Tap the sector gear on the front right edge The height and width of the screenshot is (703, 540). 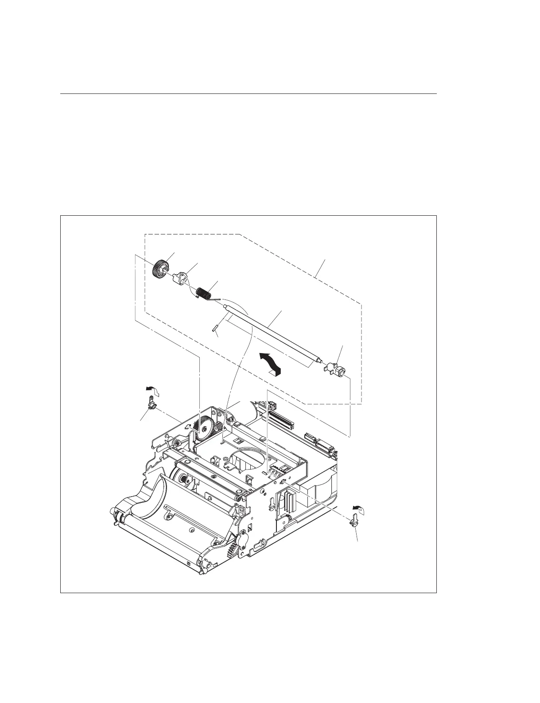click(x=231, y=550)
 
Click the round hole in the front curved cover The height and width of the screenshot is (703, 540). click(x=191, y=530)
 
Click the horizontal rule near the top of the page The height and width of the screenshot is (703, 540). click(x=248, y=94)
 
